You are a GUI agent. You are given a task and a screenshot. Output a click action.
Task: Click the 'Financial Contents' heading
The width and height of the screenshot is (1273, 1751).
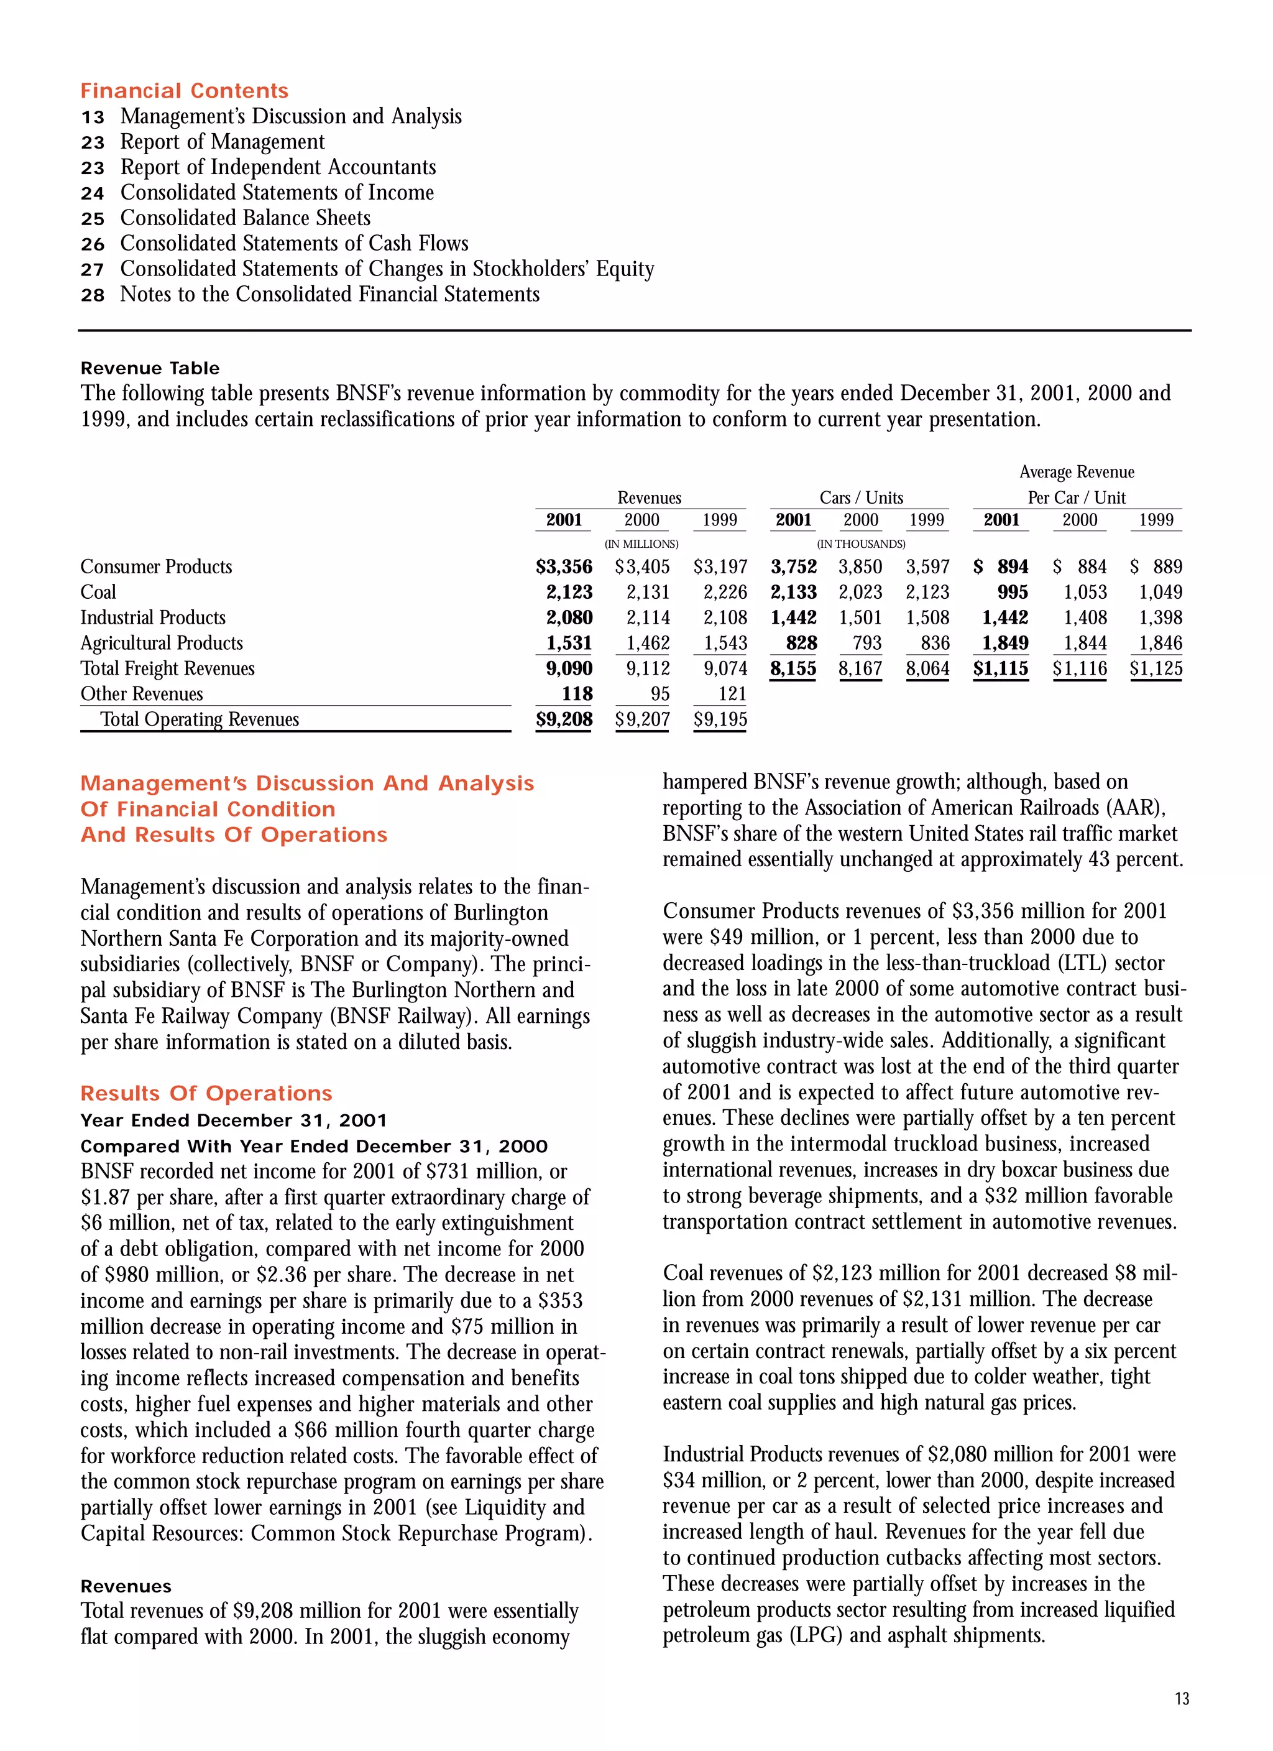[184, 91]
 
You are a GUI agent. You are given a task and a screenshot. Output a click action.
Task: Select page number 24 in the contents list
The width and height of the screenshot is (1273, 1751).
[93, 193]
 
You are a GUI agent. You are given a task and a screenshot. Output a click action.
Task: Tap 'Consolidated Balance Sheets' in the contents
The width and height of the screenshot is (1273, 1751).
[245, 218]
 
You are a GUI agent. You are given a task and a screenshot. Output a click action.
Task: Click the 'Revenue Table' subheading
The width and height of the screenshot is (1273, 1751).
[150, 368]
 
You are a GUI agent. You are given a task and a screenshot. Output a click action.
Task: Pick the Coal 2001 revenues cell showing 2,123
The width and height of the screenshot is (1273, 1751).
[569, 592]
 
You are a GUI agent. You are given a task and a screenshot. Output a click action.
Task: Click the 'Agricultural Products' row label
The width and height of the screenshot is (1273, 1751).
[162, 643]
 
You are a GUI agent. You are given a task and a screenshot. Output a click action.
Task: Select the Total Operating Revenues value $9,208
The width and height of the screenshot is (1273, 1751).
[564, 719]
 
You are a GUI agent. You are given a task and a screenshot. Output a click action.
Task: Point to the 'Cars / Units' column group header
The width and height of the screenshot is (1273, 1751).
[861, 498]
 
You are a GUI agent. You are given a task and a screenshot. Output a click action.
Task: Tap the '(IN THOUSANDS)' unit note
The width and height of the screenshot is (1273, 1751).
[861, 544]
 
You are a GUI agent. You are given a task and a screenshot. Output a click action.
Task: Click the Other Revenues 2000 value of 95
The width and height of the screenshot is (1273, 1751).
[659, 694]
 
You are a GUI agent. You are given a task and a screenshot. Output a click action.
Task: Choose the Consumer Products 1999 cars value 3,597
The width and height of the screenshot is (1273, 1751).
[927, 566]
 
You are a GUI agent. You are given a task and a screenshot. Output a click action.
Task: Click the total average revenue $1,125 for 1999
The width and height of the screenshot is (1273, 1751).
[1156, 668]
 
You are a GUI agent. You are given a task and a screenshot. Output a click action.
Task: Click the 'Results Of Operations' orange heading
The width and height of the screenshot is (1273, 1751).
[206, 1093]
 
